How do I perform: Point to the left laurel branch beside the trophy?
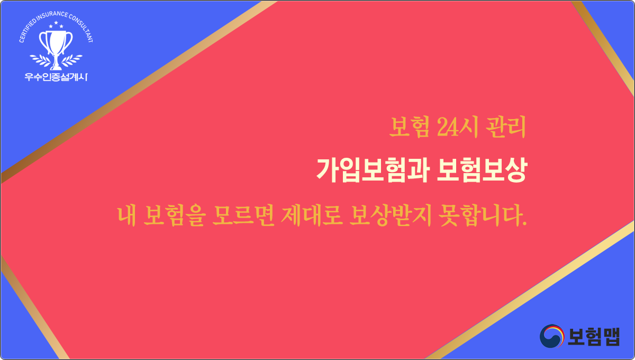click(x=39, y=60)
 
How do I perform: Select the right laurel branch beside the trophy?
click(x=72, y=60)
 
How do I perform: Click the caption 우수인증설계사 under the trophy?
click(x=56, y=77)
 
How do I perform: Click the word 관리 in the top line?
click(x=506, y=127)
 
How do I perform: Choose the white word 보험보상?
click(x=482, y=170)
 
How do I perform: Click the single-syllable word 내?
click(x=126, y=215)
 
